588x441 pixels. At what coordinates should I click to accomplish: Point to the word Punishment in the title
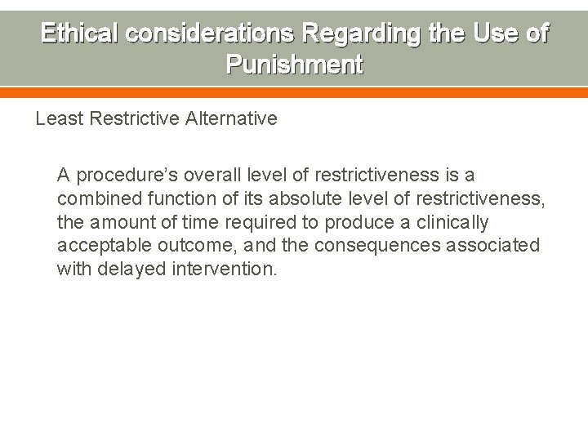(x=294, y=65)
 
